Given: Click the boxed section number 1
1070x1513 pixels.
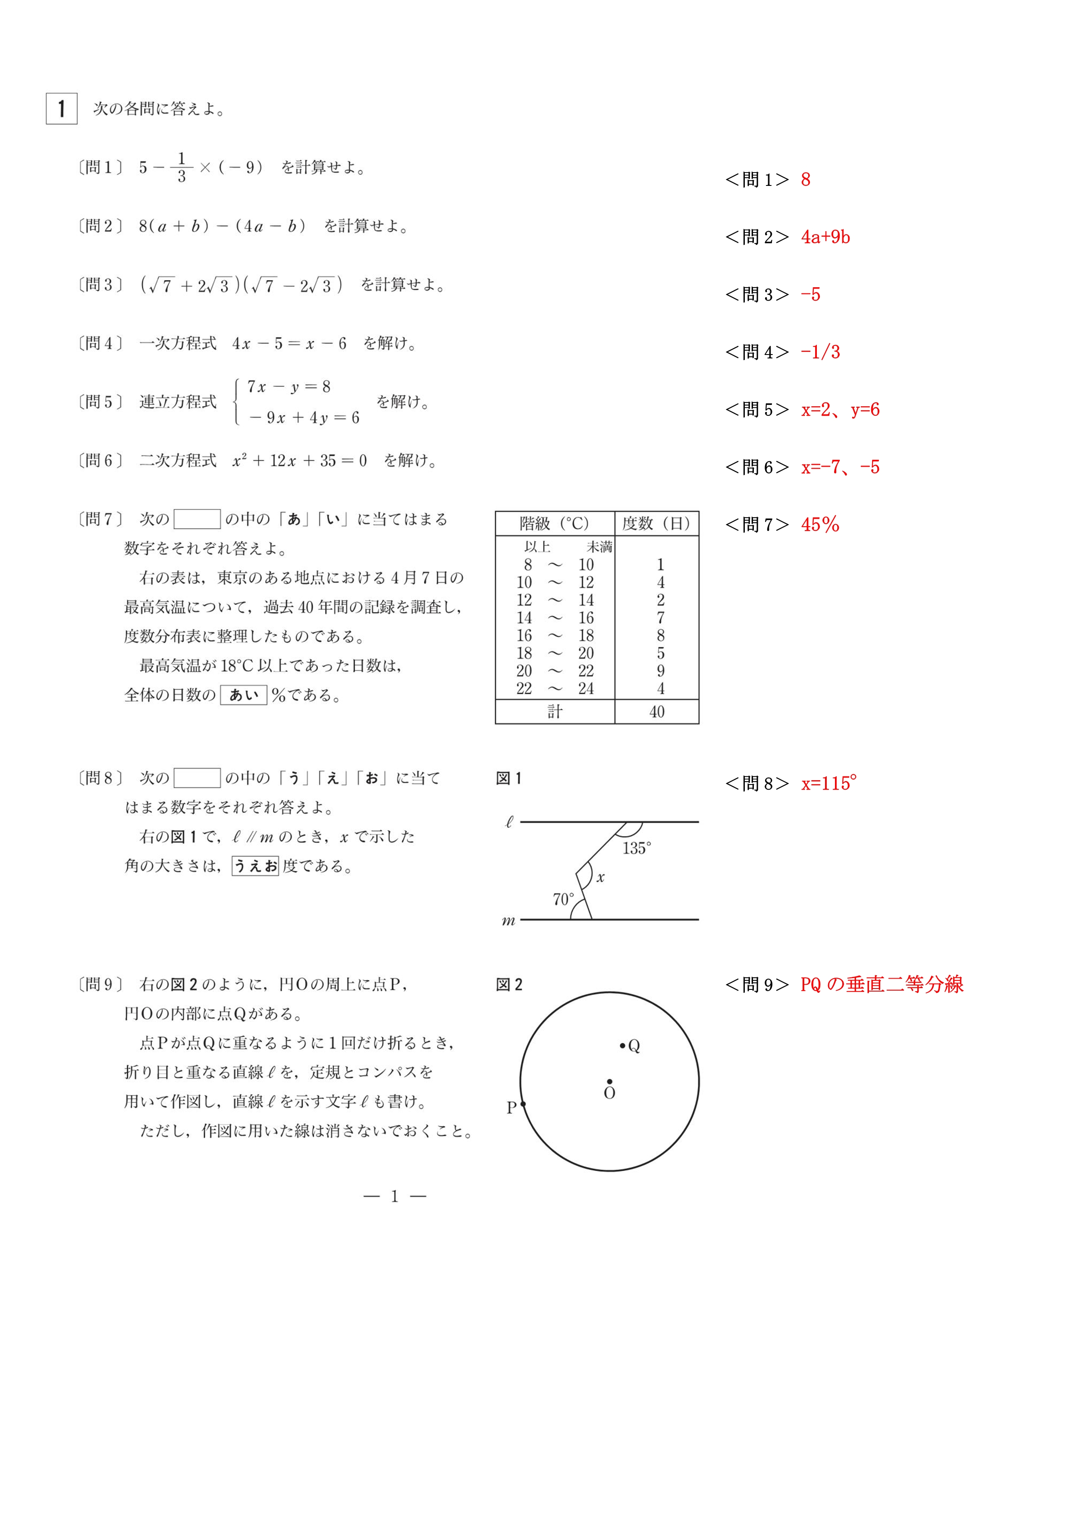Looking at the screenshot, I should [61, 109].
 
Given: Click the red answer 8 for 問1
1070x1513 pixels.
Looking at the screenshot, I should [805, 179].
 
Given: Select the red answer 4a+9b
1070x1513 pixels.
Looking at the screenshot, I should [825, 237].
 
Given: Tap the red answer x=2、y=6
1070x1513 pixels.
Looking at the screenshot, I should [840, 409].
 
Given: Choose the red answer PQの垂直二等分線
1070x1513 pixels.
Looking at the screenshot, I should [882, 985].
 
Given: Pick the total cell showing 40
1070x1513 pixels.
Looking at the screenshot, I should [656, 712].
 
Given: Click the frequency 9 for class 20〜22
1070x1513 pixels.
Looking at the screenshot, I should [660, 671].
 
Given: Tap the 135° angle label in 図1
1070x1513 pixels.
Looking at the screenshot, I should [637, 848].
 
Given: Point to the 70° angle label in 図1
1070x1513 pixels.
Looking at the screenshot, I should [563, 899].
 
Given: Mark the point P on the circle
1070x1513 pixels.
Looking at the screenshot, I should [523, 1104].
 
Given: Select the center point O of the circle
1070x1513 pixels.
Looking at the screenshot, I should [609, 1081].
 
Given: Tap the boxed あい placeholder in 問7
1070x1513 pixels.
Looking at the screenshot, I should [243, 695].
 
